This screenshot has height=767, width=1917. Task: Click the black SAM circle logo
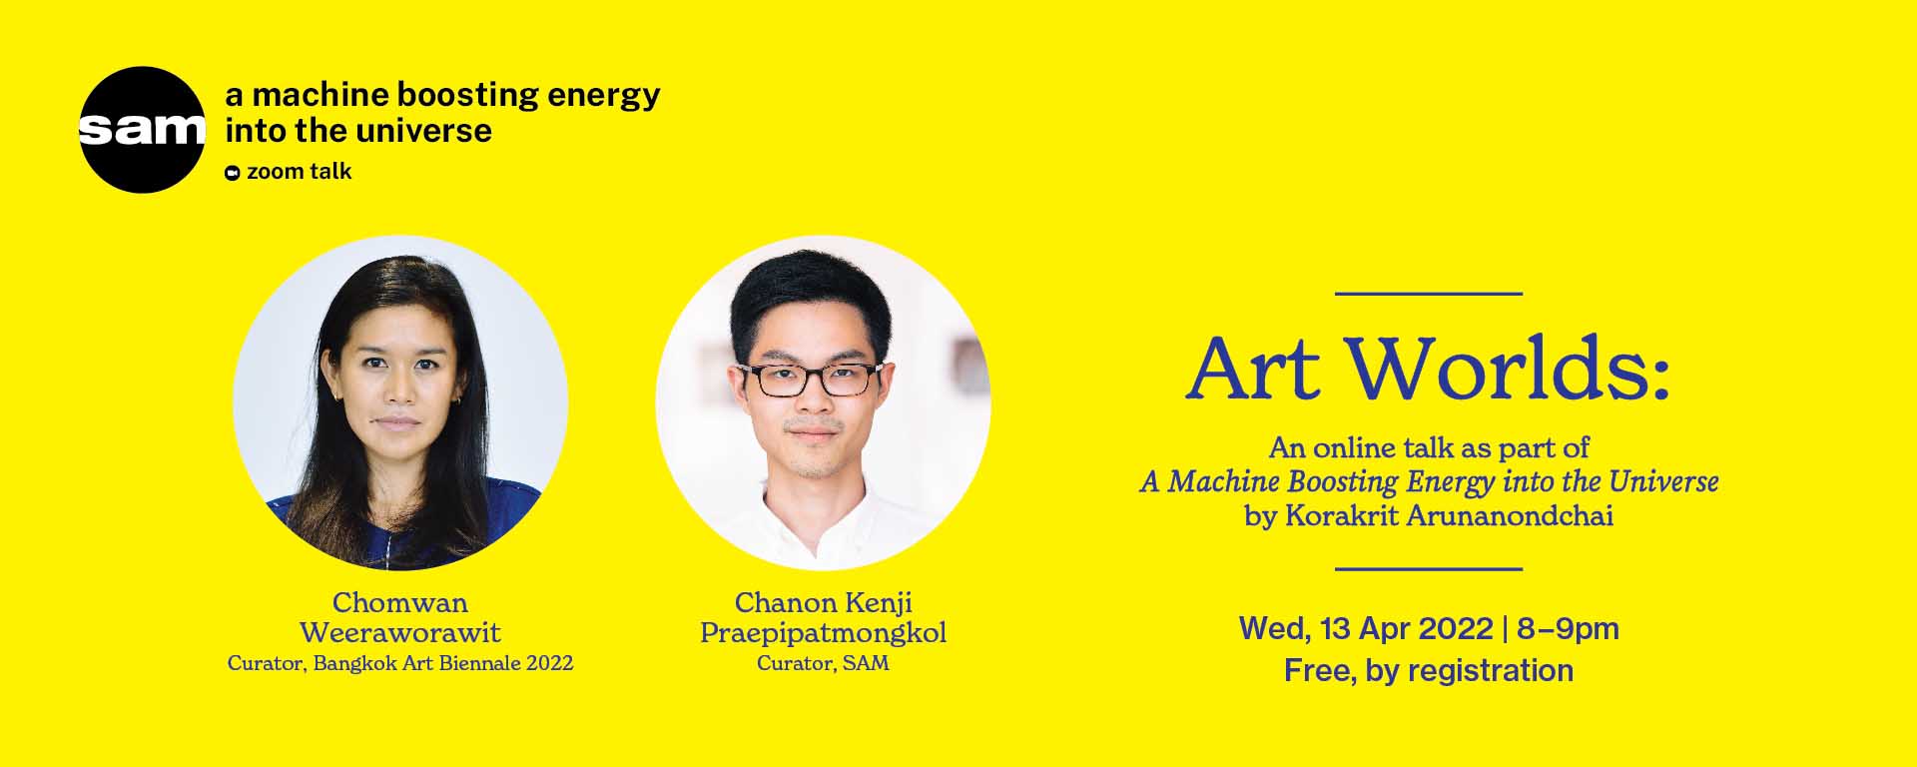coord(142,130)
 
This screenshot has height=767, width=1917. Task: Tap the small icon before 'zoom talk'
coord(233,173)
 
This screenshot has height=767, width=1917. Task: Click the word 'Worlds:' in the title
coord(1509,370)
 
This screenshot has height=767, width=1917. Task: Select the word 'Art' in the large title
coord(1254,370)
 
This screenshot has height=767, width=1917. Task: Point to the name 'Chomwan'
coord(399,603)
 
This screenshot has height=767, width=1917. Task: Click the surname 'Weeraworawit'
coord(399,633)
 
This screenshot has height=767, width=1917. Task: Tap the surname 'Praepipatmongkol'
coord(823,633)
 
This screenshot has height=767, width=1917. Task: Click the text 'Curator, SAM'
coord(823,663)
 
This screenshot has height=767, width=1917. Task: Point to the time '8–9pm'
coord(1568,628)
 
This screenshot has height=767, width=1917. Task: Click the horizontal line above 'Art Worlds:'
coord(1428,294)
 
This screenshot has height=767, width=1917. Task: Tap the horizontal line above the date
coord(1428,569)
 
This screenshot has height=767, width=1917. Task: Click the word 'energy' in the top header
coord(604,96)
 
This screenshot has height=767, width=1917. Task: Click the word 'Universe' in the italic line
coord(1663,482)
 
